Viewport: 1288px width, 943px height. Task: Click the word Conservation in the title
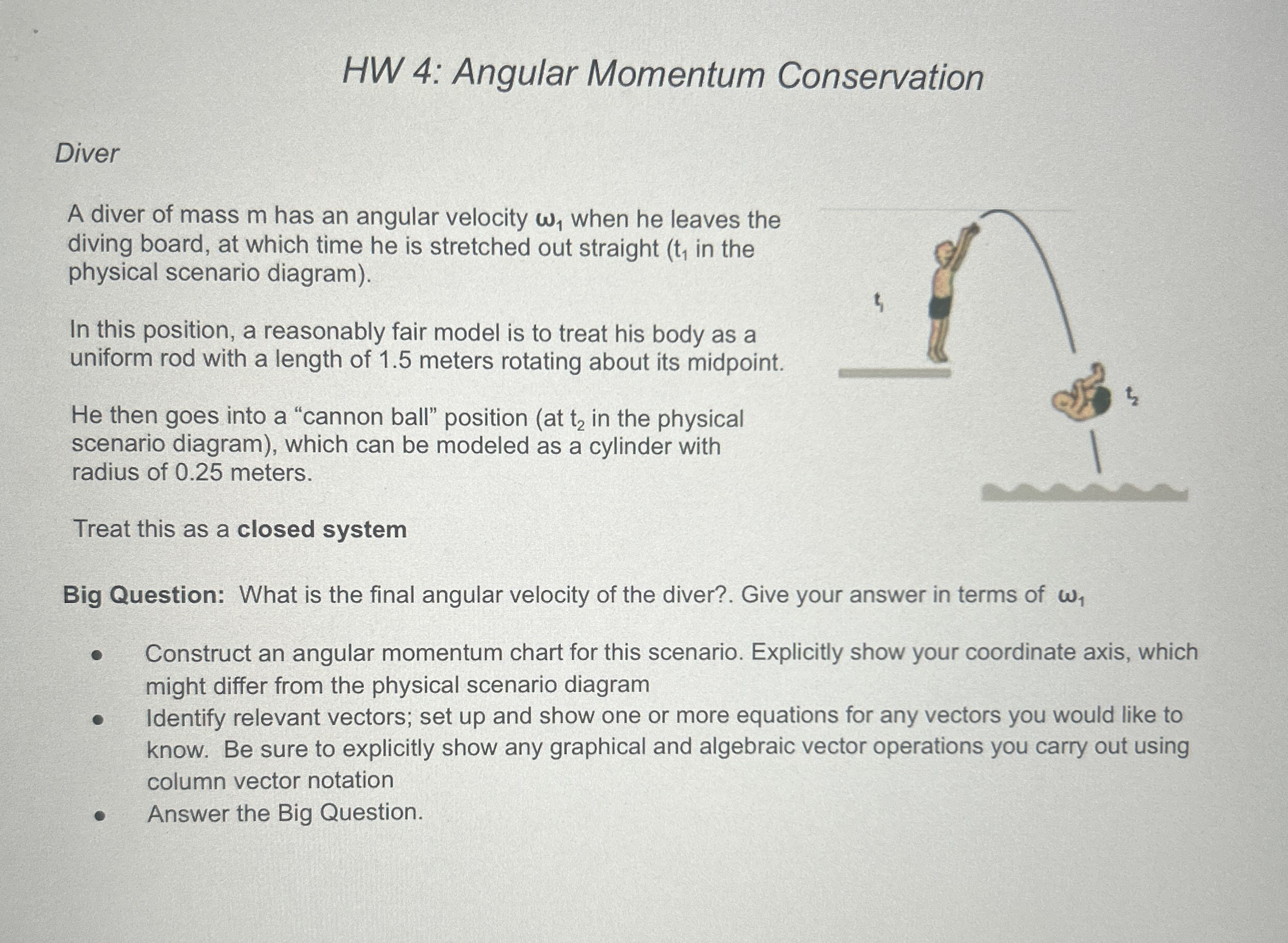coord(879,77)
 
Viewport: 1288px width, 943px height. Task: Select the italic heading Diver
coord(87,154)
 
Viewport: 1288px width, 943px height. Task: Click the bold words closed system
coord(321,529)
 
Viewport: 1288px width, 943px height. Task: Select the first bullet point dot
coord(98,655)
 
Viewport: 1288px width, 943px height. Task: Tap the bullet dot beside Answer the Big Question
coord(99,815)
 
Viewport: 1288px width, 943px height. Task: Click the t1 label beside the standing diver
coord(879,302)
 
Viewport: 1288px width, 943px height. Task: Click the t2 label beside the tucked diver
coord(1131,395)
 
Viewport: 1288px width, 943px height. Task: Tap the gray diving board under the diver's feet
coord(894,373)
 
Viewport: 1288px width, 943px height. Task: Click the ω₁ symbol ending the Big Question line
coord(1071,596)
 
